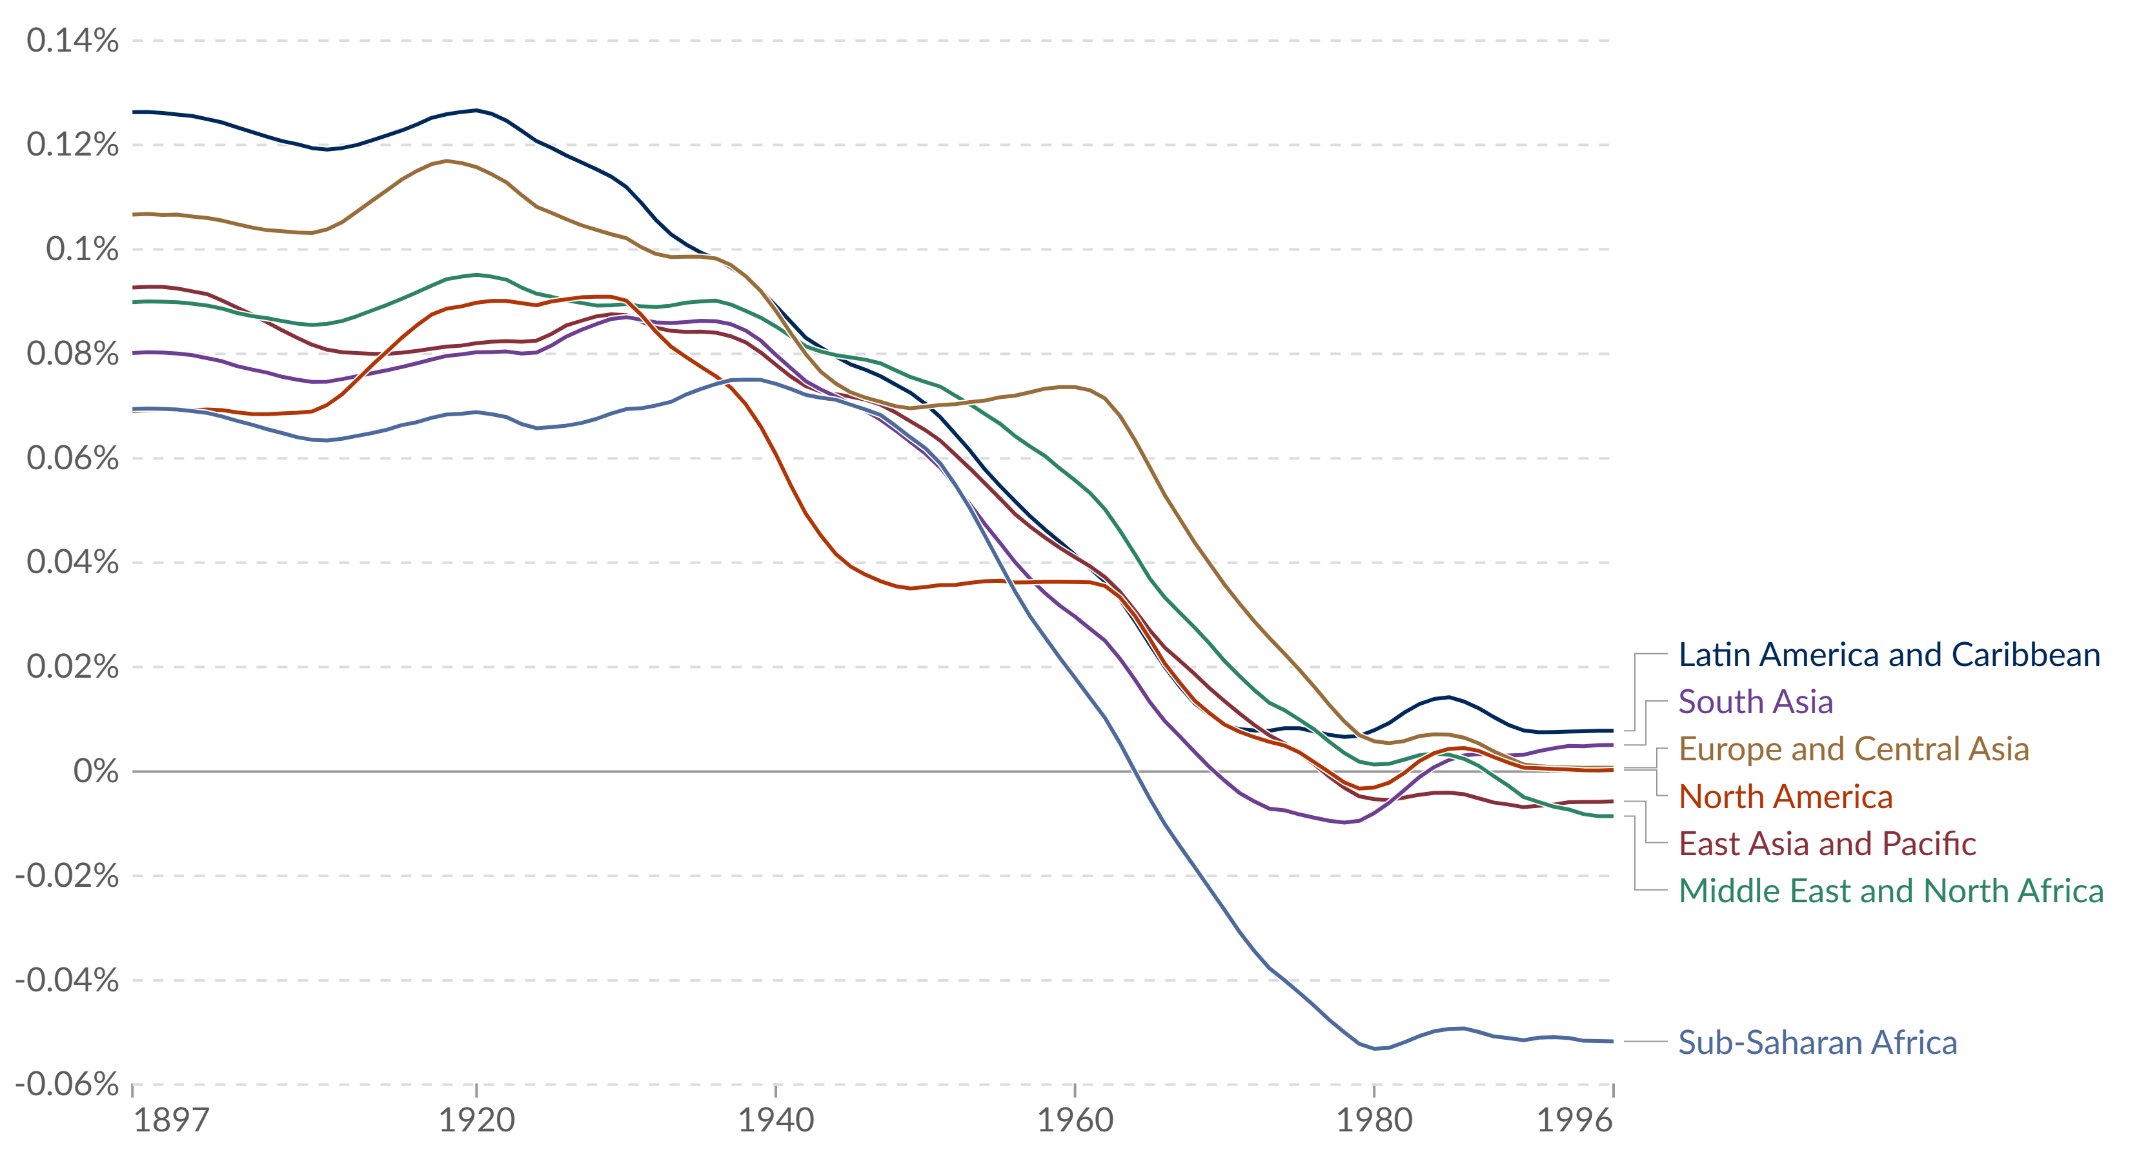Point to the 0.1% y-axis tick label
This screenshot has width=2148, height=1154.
click(x=82, y=249)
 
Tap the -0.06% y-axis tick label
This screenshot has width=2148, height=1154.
click(x=66, y=1084)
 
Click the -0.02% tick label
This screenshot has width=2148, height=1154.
click(x=66, y=876)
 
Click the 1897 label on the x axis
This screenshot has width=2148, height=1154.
click(x=171, y=1120)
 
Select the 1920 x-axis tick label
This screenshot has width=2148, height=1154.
click(x=476, y=1120)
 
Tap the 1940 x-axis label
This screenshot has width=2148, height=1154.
click(x=775, y=1120)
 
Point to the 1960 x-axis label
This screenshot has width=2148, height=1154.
click(x=1075, y=1120)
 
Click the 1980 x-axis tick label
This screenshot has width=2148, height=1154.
click(x=1374, y=1120)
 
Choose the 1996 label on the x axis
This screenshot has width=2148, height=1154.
click(x=1574, y=1120)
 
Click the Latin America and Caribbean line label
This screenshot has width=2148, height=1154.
click(x=1889, y=655)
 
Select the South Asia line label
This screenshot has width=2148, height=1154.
click(x=1756, y=702)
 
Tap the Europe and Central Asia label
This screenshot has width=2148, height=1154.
click(x=1853, y=749)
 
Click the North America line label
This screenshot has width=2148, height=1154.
click(x=1785, y=797)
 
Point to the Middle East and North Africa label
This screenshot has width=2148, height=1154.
click(x=1890, y=891)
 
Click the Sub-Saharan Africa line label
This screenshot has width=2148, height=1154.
click(x=1817, y=1043)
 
